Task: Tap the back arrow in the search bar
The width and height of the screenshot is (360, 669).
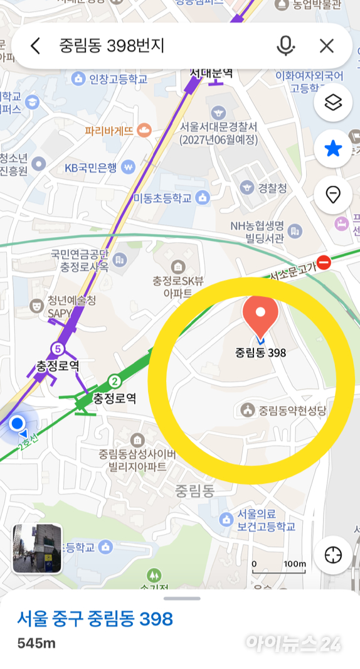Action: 35,45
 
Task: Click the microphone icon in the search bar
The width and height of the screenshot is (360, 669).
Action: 285,45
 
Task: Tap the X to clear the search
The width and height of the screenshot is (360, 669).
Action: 326,45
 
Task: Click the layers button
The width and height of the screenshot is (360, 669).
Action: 333,102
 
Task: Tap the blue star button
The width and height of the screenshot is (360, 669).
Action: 333,149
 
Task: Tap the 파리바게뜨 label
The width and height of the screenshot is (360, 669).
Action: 110,131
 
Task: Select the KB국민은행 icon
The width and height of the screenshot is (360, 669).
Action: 129,168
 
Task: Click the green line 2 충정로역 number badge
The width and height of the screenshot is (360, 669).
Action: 114,381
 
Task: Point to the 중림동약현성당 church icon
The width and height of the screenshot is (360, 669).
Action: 248,410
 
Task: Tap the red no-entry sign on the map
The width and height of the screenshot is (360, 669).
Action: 324,262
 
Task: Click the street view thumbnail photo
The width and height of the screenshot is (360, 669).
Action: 38,549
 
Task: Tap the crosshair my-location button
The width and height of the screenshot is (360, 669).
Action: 333,555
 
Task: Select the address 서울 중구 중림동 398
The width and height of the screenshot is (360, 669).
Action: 95,619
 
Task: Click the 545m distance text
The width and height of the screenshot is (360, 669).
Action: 36,643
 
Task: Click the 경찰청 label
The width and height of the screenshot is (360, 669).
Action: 273,188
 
